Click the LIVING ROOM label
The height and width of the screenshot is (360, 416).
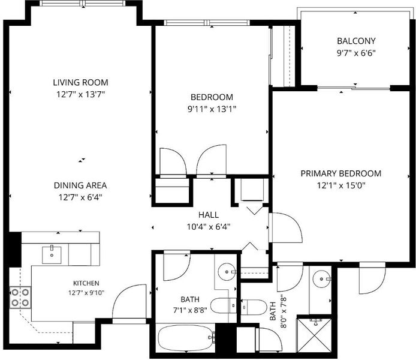pos(81,82)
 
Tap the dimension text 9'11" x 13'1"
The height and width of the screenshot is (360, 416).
pos(212,109)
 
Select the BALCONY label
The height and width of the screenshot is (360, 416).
pos(356,41)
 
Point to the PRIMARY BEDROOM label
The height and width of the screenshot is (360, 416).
pos(341,173)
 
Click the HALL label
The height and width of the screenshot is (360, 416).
pos(209,215)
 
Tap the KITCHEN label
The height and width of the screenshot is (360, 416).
pos(86,283)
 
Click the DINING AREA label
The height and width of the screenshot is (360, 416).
pos(80,185)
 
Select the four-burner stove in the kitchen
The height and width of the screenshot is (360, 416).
pos(20,298)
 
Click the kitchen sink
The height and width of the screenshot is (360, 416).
pos(52,255)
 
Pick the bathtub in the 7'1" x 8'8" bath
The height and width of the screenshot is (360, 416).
pos(186,338)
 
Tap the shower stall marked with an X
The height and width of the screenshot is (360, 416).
pos(314,335)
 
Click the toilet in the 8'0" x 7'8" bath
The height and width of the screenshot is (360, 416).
pos(254,307)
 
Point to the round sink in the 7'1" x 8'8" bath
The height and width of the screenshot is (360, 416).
pos(227,272)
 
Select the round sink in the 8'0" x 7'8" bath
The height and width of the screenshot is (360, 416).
pos(321,279)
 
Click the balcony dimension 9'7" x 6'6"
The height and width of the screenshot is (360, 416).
pos(356,53)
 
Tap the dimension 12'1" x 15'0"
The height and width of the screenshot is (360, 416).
pos(341,185)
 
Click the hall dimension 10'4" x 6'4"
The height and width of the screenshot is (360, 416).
pos(209,227)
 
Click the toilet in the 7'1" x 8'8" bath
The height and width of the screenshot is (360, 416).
pos(224,305)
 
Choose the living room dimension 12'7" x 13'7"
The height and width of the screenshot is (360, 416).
pos(81,94)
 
